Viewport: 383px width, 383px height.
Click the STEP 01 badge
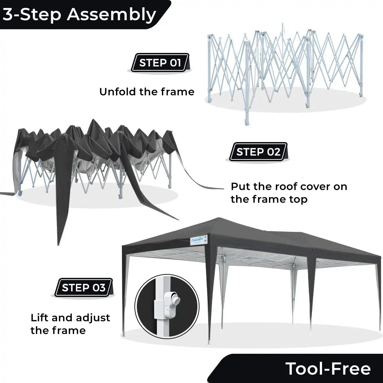pos(160,63)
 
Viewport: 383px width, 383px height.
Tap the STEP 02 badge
pos(258,152)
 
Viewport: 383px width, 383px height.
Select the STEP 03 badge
pos(84,288)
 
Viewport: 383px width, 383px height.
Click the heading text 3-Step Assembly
pos(79,14)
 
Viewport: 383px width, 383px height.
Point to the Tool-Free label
pos(328,368)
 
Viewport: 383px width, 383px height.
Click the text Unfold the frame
pos(147,92)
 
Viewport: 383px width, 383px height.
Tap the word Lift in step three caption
pos(40,318)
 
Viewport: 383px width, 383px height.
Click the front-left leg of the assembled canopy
pos(124,296)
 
